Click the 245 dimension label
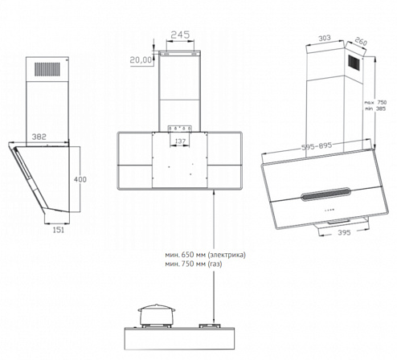(x=180, y=35)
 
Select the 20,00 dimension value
(x=141, y=60)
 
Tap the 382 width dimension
(x=39, y=137)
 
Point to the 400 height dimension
(x=80, y=179)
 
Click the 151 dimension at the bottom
(x=59, y=230)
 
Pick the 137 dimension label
(x=180, y=141)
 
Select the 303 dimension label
(x=325, y=39)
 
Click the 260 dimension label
(x=361, y=41)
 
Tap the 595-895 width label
(x=317, y=146)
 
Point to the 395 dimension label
(x=344, y=232)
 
